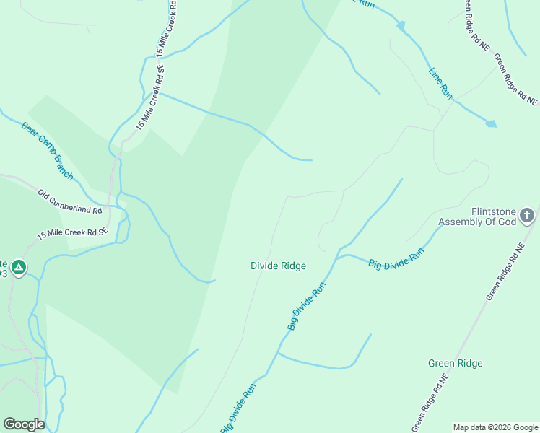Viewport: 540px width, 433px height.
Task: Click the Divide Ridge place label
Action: tap(278, 266)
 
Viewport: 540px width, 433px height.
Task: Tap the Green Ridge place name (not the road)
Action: tap(455, 364)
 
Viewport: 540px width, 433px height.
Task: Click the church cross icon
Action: tap(528, 215)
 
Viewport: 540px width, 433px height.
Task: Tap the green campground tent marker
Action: tap(19, 268)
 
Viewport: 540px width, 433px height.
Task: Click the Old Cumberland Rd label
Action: tap(70, 201)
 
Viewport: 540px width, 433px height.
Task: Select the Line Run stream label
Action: tap(440, 83)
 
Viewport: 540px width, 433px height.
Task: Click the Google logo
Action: tap(24, 424)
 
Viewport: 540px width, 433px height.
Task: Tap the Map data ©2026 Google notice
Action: tap(495, 427)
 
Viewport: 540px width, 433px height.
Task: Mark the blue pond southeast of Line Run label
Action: tap(491, 123)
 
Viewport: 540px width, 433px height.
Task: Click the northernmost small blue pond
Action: tap(401, 26)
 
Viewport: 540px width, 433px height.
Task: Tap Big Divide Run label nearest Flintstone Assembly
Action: tap(396, 258)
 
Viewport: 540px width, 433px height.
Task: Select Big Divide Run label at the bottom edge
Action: tap(238, 408)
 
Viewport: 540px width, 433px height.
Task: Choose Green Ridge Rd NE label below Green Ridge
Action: tap(431, 400)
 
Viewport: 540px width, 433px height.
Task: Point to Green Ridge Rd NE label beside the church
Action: tap(504, 274)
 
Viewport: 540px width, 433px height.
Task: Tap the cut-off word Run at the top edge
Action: tap(367, 4)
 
